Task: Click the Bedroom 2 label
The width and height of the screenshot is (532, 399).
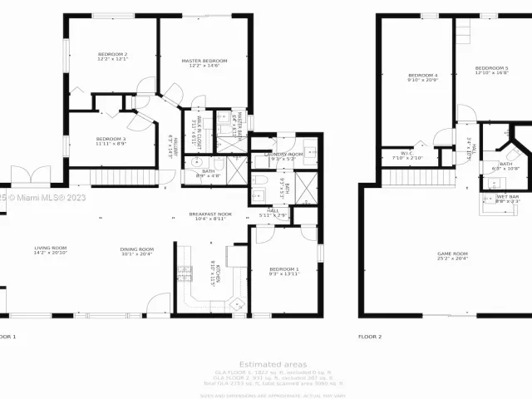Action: (112, 57)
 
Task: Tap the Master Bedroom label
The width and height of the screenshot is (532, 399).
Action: (204, 62)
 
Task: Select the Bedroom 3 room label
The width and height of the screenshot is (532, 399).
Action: (110, 140)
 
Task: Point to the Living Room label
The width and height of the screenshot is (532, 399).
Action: (51, 250)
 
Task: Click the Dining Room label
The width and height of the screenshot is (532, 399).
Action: (137, 250)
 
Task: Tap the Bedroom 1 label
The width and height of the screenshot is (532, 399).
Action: (283, 270)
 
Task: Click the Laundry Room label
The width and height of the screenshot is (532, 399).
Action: (283, 155)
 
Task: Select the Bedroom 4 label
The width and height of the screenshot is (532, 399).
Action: (423, 77)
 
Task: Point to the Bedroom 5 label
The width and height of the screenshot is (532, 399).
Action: (491, 70)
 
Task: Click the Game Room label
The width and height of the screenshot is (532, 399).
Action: (453, 255)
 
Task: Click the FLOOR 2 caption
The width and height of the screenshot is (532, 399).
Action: (369, 337)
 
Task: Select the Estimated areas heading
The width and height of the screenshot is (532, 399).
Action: (272, 364)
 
